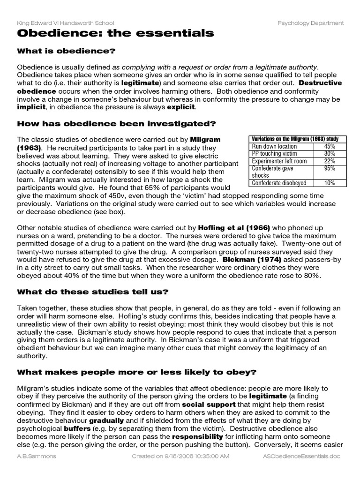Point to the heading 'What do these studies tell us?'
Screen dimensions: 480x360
point(93,292)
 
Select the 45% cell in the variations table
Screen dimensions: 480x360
point(329,146)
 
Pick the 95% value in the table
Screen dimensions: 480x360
point(329,168)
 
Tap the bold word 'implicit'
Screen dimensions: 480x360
point(31,107)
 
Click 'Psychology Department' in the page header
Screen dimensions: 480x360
point(310,22)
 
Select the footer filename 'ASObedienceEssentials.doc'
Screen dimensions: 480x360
point(302,456)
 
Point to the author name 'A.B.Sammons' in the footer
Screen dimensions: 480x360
point(36,456)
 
